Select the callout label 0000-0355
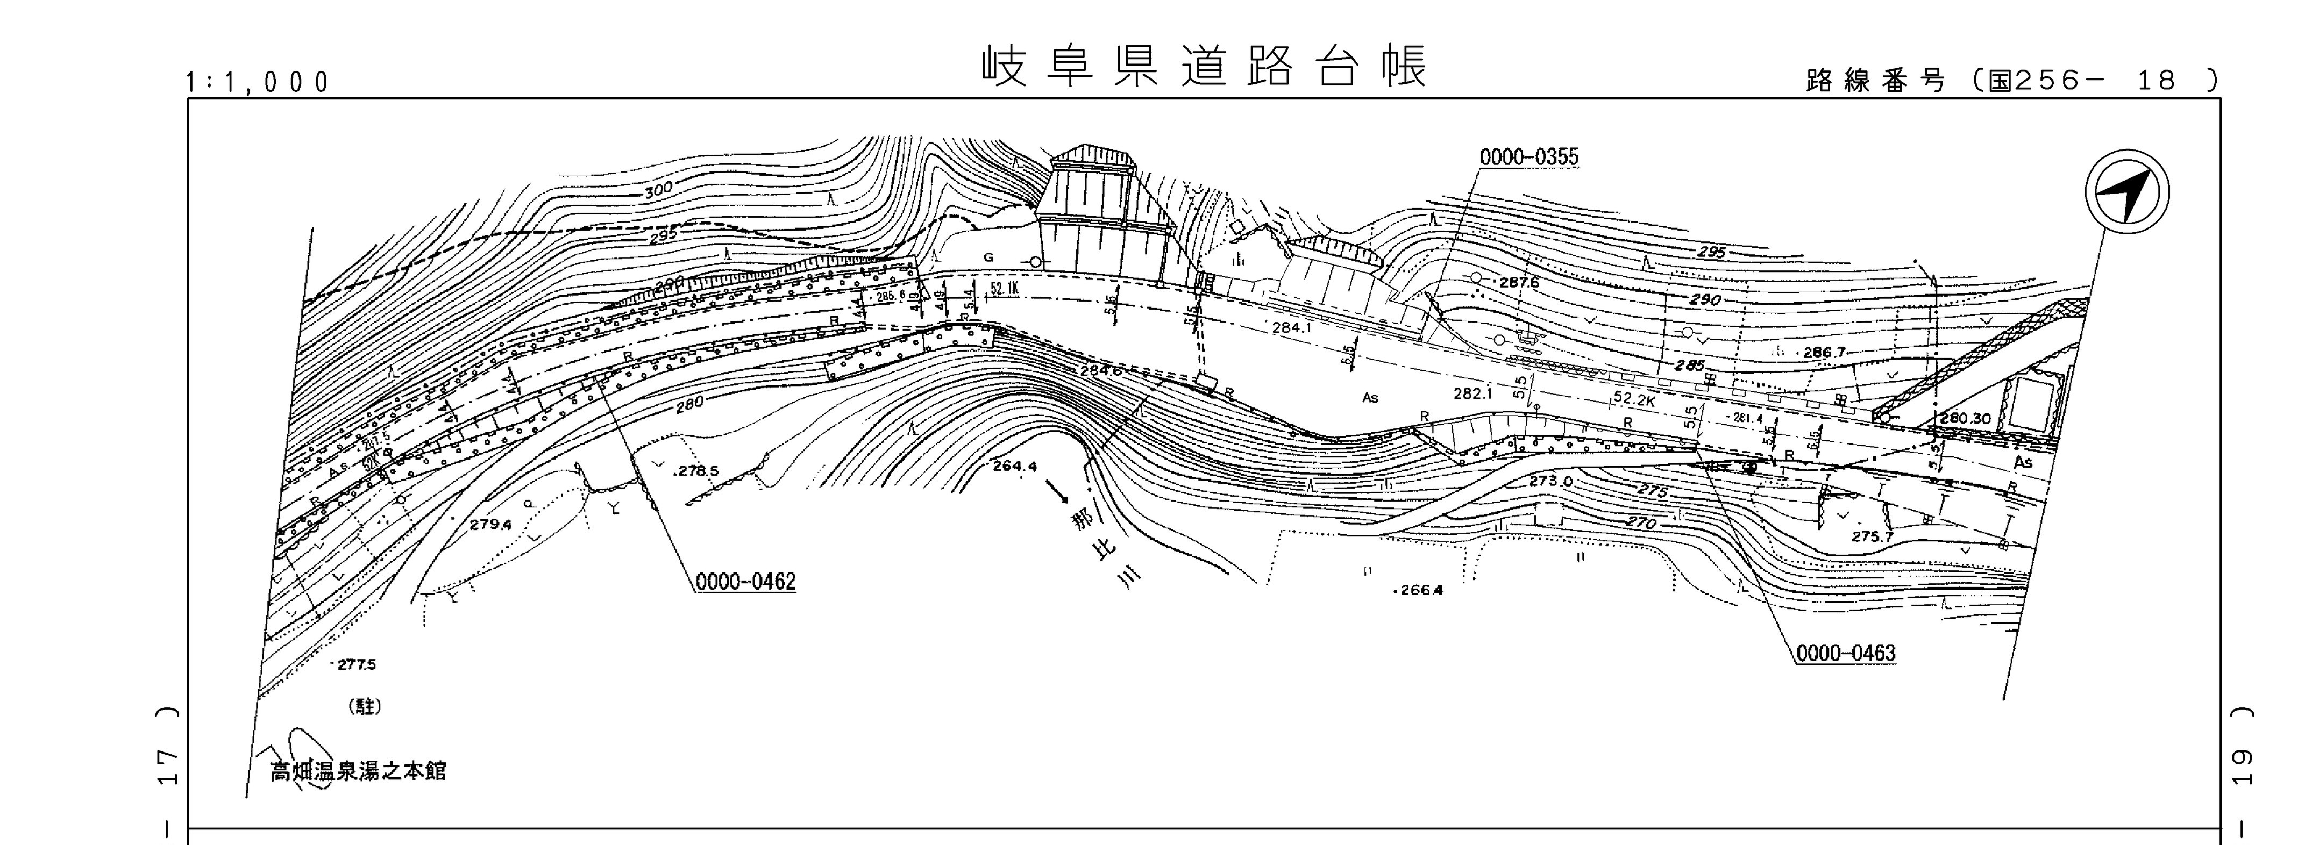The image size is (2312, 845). pyautogui.click(x=1528, y=158)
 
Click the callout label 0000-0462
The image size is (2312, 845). pyautogui.click(x=746, y=582)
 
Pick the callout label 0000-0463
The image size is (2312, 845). pyautogui.click(x=1846, y=653)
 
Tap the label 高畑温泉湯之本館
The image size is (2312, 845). pyautogui.click(x=358, y=771)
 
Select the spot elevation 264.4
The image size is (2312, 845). pyautogui.click(x=1014, y=467)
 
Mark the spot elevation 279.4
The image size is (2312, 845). pyautogui.click(x=490, y=525)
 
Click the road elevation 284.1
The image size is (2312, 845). pyautogui.click(x=1291, y=328)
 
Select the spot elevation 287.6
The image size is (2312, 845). pyautogui.click(x=1519, y=283)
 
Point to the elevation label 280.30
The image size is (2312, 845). pyautogui.click(x=1966, y=418)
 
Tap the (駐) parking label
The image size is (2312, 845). pyautogui.click(x=365, y=707)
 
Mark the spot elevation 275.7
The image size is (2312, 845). pyautogui.click(x=1872, y=536)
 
